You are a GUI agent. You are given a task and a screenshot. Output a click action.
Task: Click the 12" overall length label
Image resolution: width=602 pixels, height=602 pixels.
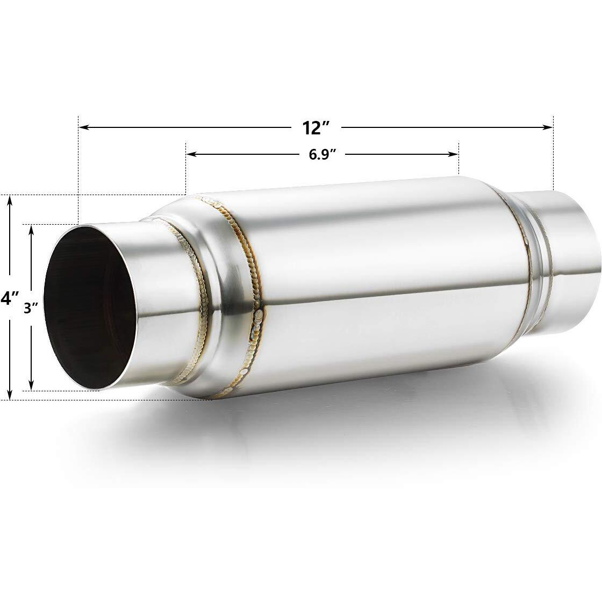[x=315, y=128]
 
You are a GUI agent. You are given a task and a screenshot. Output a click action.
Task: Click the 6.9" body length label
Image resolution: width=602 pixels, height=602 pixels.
[x=322, y=155]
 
